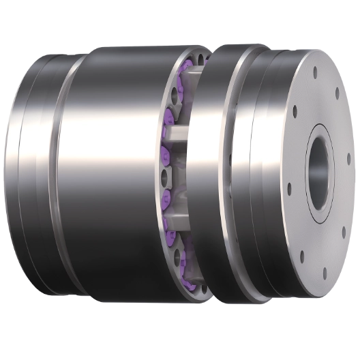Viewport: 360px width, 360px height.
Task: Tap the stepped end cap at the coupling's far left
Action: pos(31,170)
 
